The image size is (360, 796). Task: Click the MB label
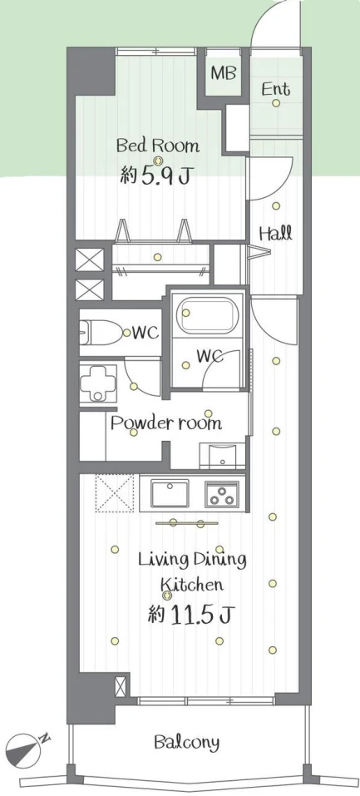[224, 73]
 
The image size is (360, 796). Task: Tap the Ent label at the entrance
[276, 89]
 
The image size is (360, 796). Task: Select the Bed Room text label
[158, 146]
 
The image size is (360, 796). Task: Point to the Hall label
[276, 234]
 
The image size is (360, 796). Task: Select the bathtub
[207, 315]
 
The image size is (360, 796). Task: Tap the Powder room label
[166, 423]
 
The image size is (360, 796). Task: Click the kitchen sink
[170, 493]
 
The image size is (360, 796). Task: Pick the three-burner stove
[222, 493]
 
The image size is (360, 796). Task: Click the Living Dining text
[192, 560]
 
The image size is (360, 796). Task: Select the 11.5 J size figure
[191, 616]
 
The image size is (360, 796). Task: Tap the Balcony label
[187, 743]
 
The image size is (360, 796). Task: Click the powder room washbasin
[222, 455]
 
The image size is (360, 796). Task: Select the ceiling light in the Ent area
[276, 103]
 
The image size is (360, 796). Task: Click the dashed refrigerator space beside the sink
[115, 492]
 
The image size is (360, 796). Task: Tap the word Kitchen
[192, 584]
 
